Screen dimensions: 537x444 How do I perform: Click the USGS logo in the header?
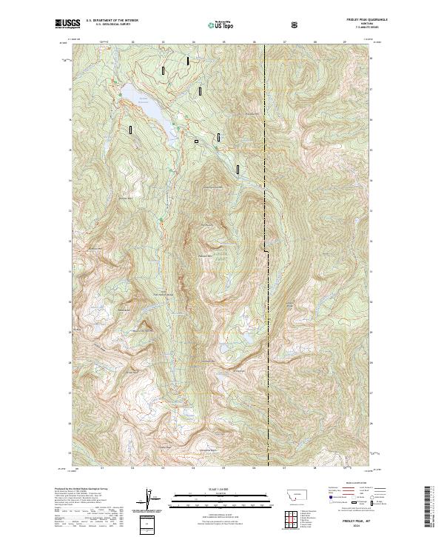click(x=66, y=24)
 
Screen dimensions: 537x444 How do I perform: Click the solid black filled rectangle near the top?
click(x=188, y=61)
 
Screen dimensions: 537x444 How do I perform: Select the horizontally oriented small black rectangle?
click(x=196, y=141)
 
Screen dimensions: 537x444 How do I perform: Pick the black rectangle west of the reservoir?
click(x=130, y=130)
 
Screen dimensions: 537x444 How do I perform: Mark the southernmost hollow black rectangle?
click(x=238, y=169)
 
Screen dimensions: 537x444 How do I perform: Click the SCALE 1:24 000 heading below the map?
click(x=211, y=488)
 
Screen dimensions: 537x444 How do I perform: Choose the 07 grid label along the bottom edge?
click(x=284, y=467)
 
